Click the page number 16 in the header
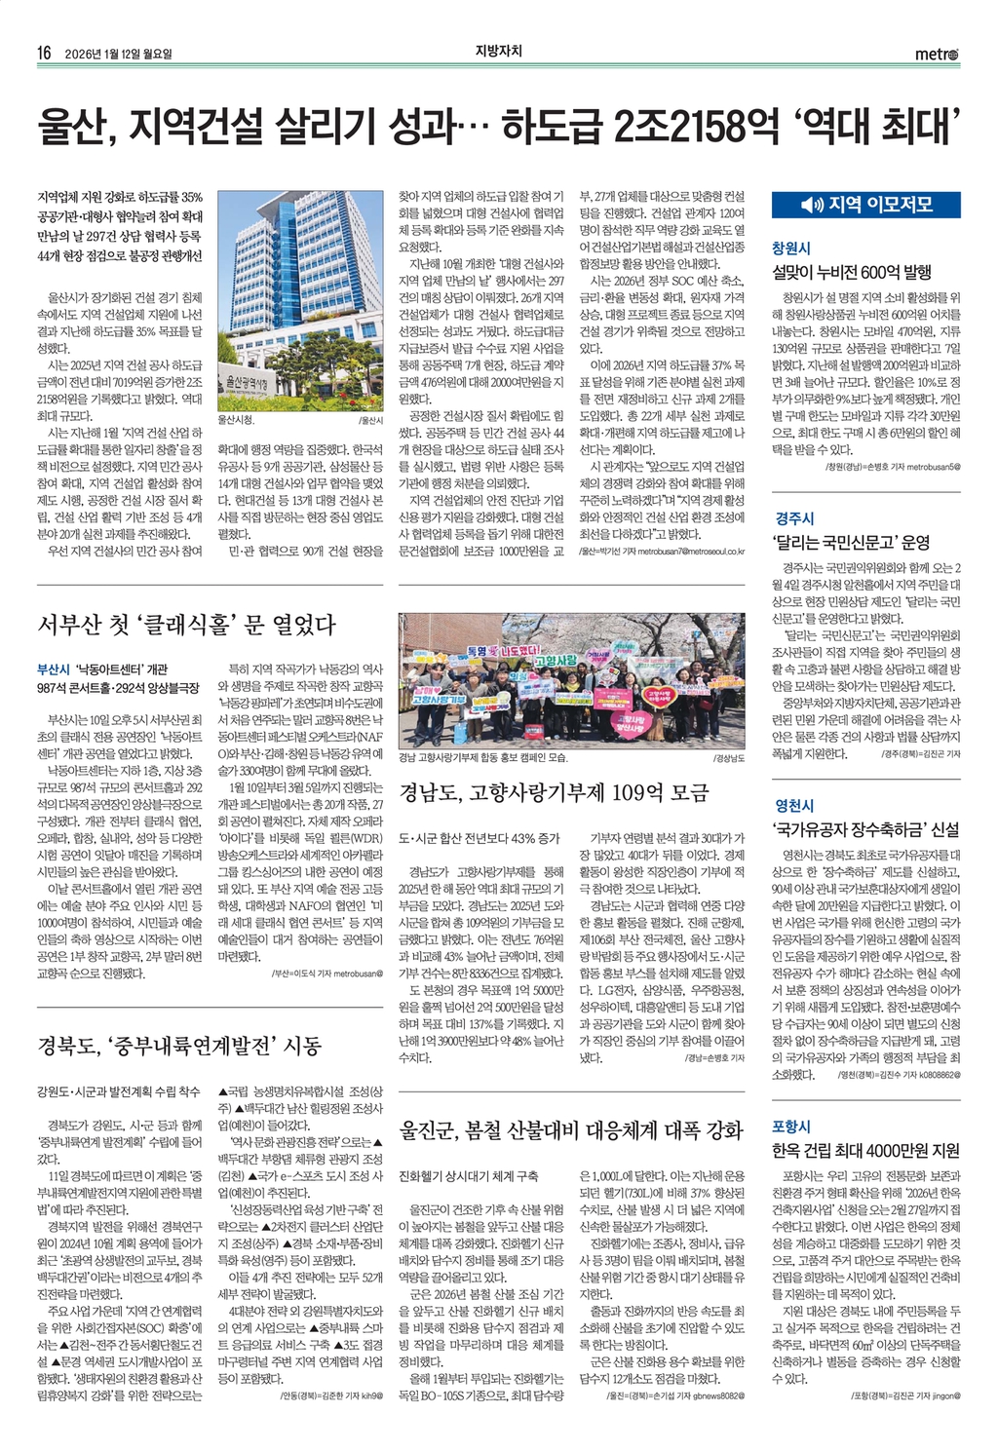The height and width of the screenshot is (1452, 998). click(x=44, y=53)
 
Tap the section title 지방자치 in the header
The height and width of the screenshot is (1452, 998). click(x=499, y=52)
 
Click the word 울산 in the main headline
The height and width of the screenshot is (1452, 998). click(x=77, y=127)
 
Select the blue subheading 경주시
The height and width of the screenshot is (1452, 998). click(x=794, y=518)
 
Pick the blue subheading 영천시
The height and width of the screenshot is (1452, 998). click(x=794, y=806)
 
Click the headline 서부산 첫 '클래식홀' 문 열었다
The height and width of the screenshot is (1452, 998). click(x=186, y=625)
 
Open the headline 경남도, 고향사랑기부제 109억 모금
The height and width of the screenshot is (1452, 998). click(x=554, y=792)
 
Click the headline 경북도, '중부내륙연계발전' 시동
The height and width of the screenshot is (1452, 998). click(x=179, y=1047)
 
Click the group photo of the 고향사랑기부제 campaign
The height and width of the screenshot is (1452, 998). click(x=571, y=680)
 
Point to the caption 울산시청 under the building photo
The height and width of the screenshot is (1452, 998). click(x=236, y=420)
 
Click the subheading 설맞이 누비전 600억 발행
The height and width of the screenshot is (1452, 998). click(x=852, y=273)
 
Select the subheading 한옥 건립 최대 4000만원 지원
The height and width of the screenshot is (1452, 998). click(x=865, y=1151)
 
